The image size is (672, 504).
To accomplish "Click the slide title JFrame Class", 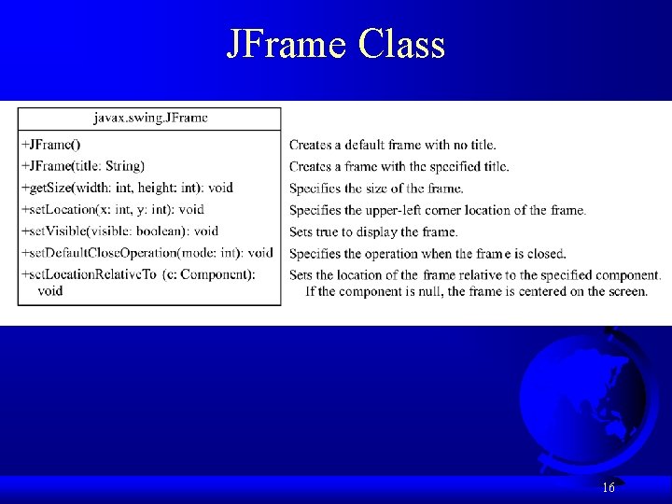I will [x=336, y=44].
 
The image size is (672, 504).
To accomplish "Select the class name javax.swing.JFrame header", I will [x=150, y=118].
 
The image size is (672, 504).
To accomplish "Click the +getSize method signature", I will [x=127, y=188].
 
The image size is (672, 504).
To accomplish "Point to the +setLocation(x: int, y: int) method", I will [x=112, y=209].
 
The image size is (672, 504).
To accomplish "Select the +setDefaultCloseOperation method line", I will [x=147, y=252].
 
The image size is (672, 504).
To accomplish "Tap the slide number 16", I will [x=608, y=487].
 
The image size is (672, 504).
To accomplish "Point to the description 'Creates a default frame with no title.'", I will [x=393, y=145].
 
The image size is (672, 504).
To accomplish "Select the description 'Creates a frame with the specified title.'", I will [x=399, y=166].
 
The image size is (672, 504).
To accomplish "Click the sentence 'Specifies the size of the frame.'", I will [x=376, y=189].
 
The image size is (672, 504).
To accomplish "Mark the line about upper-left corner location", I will [x=438, y=210].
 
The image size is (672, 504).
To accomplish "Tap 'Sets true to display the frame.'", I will [x=373, y=231].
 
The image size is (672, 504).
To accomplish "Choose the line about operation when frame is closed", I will [x=427, y=253].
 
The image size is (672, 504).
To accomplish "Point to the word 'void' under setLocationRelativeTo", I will [x=50, y=290].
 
